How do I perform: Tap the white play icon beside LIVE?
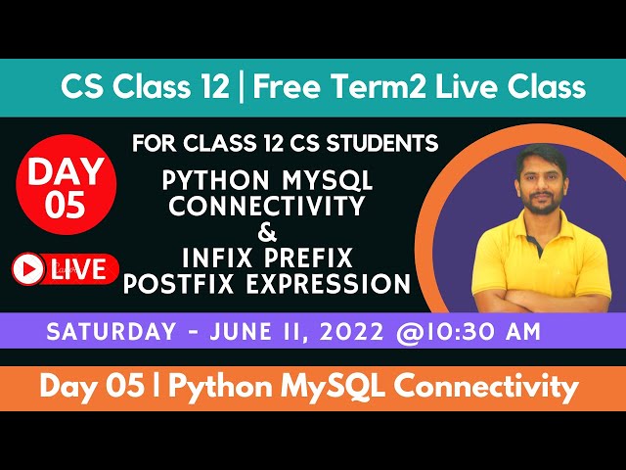pyautogui.click(x=29, y=269)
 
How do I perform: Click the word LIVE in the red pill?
pyautogui.click(x=79, y=269)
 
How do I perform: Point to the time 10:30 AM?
pyautogui.click(x=484, y=331)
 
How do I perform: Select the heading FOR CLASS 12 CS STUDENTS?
pyautogui.click(x=285, y=144)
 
